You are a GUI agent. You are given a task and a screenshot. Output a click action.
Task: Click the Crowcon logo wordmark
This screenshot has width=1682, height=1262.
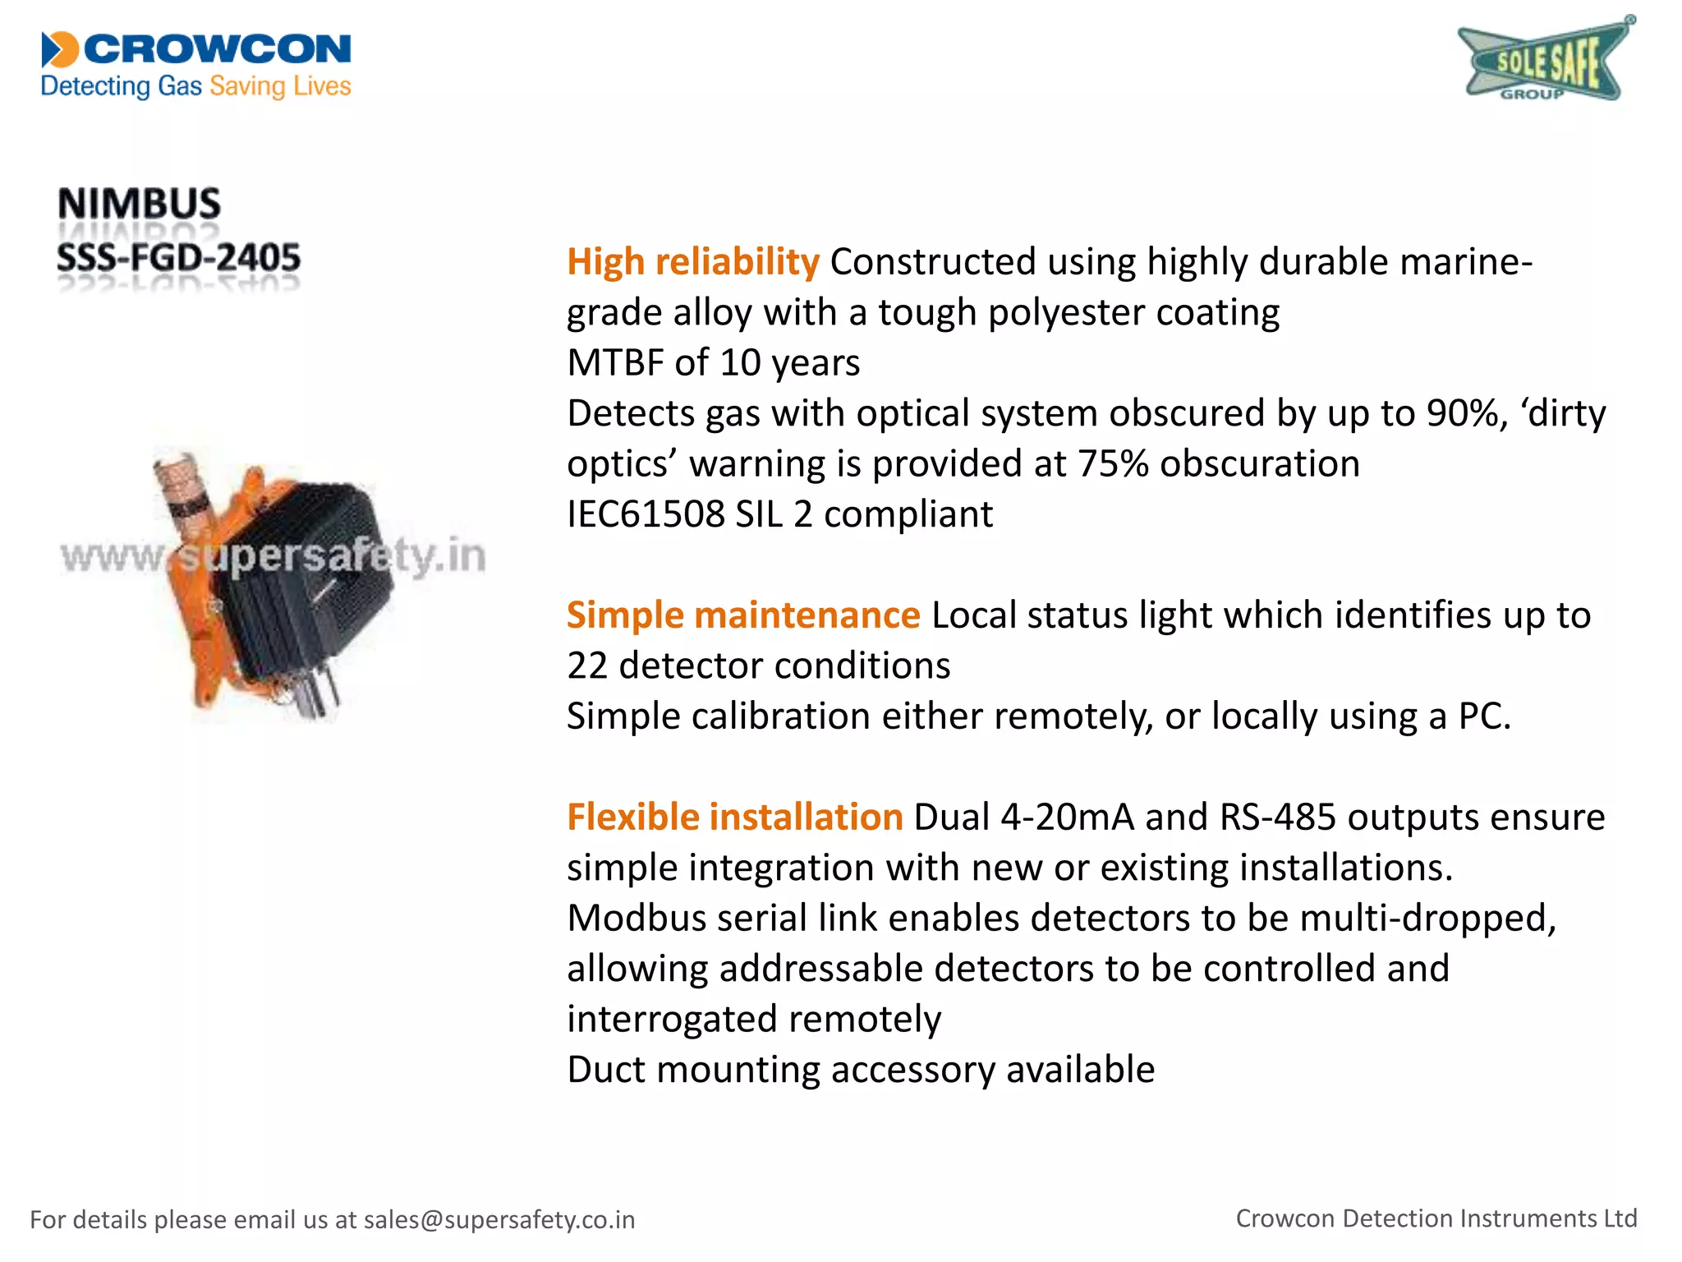(x=217, y=49)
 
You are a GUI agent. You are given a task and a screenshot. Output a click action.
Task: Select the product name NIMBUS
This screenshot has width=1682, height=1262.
(x=139, y=203)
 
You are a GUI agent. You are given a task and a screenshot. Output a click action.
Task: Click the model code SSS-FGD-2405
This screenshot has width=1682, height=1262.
(x=178, y=258)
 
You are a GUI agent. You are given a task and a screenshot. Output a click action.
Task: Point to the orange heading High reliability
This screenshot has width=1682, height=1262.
(x=693, y=262)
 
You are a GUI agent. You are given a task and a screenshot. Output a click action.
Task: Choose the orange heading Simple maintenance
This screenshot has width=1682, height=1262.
(x=743, y=615)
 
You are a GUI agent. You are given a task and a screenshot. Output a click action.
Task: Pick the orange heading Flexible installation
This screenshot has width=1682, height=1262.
(x=735, y=818)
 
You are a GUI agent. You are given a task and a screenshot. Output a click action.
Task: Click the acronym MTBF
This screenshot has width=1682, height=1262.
(x=615, y=363)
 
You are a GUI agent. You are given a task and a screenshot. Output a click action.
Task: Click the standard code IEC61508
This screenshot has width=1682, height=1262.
(x=646, y=514)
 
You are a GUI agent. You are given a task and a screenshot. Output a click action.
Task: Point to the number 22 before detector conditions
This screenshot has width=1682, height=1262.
(x=587, y=666)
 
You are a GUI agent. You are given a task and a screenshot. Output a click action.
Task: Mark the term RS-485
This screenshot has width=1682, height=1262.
(x=1278, y=818)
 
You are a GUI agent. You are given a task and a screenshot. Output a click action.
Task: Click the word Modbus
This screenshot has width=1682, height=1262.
(x=636, y=919)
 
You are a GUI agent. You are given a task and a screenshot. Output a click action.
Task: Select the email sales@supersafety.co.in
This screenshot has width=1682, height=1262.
(x=499, y=1219)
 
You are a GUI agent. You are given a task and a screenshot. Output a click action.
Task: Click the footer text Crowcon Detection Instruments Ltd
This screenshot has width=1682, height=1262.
(x=1436, y=1218)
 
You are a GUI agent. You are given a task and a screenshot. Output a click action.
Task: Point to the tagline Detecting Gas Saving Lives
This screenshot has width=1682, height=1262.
(x=195, y=86)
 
